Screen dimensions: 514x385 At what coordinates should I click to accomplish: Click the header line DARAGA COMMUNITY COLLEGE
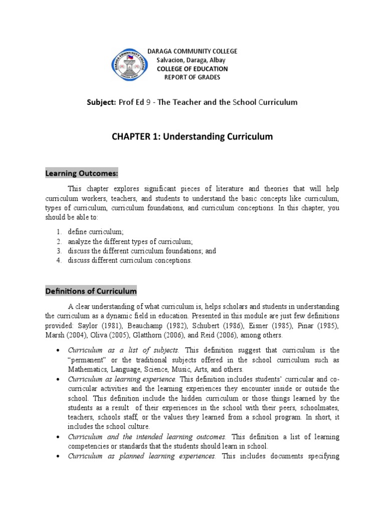pos(192,52)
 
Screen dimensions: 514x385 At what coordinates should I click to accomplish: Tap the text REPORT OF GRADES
pos(192,77)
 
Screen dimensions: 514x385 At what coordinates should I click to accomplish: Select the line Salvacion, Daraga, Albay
pos(192,60)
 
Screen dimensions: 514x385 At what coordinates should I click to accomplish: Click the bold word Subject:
pos(102,102)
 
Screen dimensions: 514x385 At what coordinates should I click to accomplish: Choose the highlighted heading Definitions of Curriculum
pos(91,291)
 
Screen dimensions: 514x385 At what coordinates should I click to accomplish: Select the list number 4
pos(59,260)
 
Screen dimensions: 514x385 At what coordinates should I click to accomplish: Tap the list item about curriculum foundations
pos(142,251)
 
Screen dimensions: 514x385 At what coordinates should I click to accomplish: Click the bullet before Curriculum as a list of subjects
pos(59,350)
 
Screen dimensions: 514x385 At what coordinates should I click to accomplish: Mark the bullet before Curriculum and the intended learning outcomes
pos(59,437)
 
